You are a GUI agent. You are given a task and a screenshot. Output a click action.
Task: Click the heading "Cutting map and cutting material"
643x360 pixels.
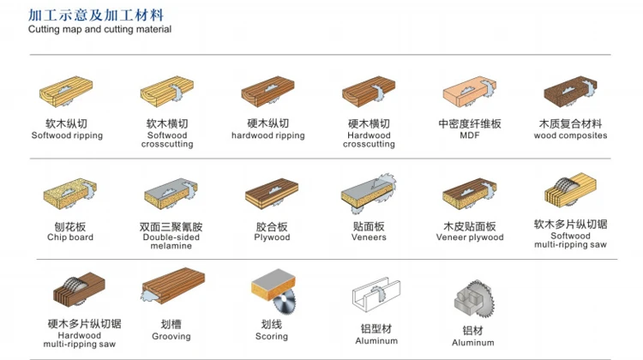(x=99, y=29)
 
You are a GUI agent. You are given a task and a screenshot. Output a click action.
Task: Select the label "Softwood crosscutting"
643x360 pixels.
(x=167, y=140)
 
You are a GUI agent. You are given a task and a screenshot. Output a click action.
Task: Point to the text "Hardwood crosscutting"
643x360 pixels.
(x=369, y=140)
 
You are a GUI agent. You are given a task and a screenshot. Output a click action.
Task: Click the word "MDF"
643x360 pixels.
(x=469, y=135)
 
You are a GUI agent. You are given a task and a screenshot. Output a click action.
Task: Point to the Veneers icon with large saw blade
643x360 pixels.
(x=369, y=193)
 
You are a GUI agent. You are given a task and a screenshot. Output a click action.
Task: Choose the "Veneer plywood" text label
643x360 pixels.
(x=469, y=237)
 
